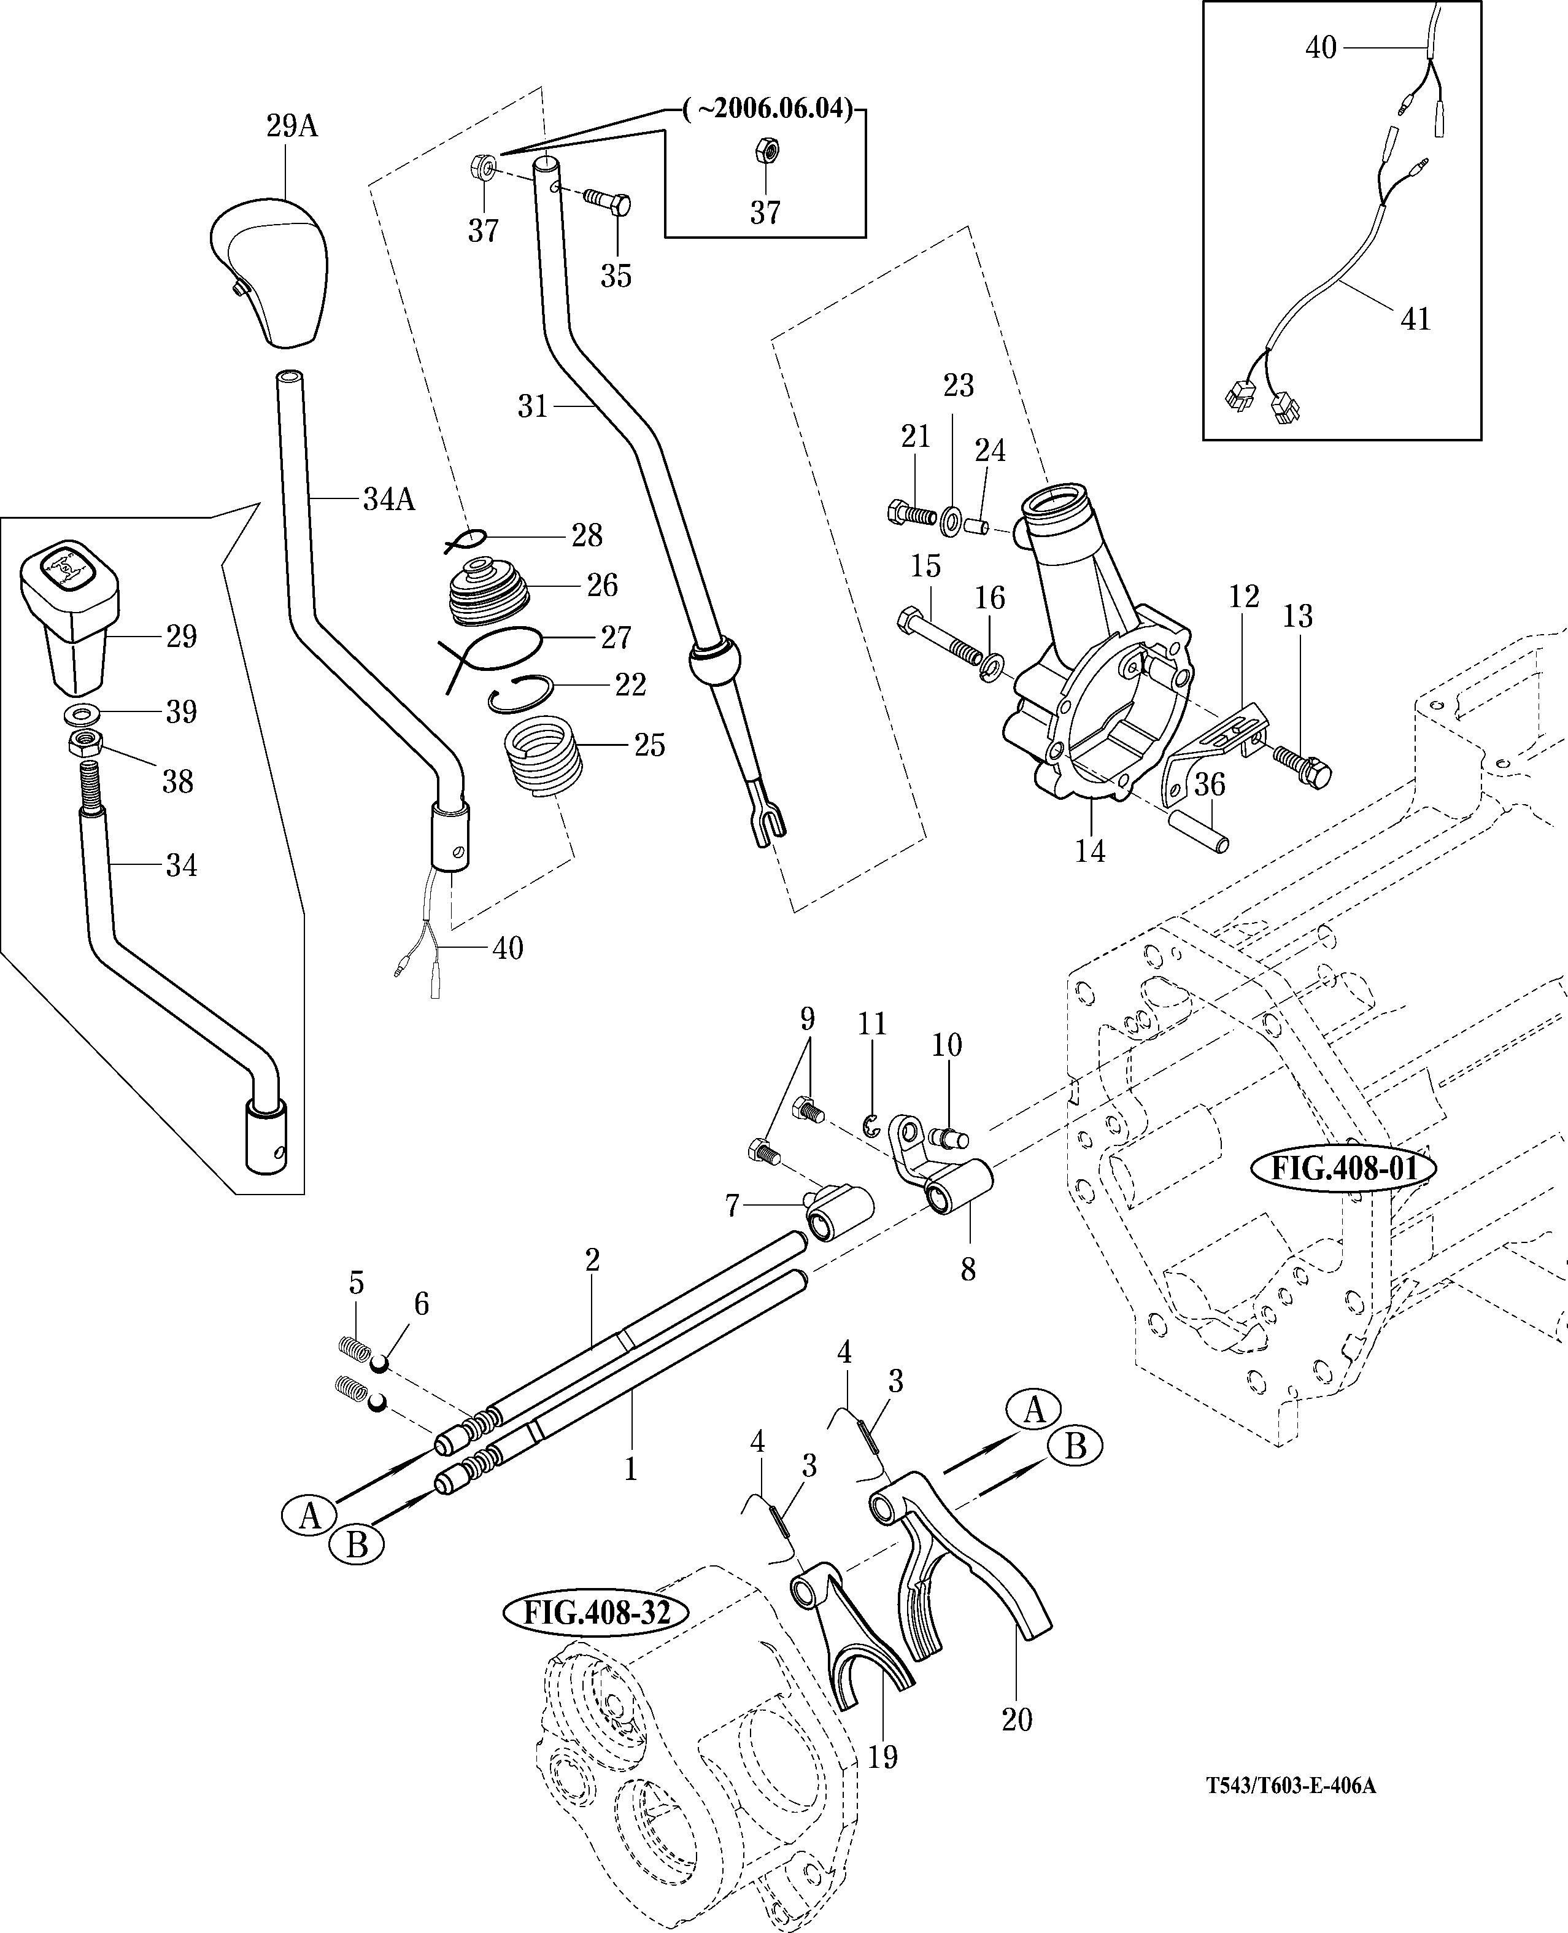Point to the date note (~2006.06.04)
click(x=768, y=109)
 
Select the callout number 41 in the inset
click(x=1415, y=319)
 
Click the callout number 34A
click(x=389, y=498)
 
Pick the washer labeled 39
click(x=82, y=713)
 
